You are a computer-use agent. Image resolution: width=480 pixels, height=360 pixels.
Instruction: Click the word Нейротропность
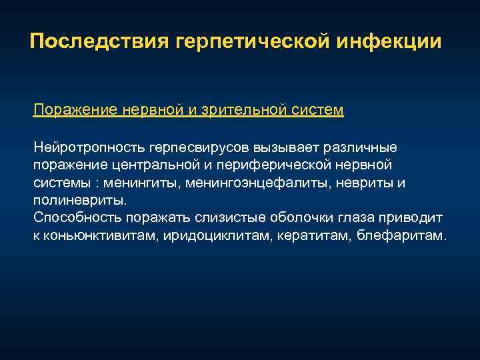pos(89,146)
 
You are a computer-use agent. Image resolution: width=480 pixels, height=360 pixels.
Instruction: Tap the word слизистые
pos(231,218)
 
